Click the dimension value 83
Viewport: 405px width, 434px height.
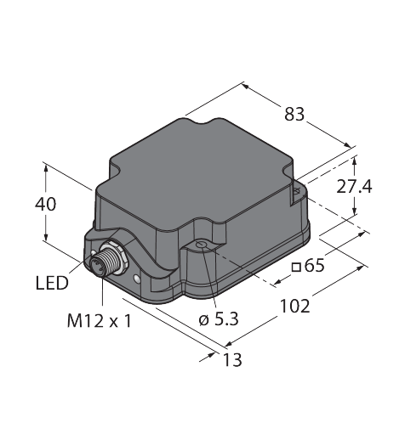(x=294, y=114)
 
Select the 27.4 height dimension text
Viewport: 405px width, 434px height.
(x=354, y=187)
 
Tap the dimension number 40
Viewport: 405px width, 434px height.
(x=45, y=204)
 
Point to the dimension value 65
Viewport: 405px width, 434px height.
(x=314, y=266)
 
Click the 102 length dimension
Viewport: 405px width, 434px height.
(x=295, y=306)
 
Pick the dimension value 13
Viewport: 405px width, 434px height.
(x=232, y=360)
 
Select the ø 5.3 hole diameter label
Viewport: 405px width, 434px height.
(x=219, y=319)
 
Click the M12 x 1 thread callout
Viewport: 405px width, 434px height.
(x=100, y=321)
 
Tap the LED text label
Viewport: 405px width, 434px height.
(x=52, y=283)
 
